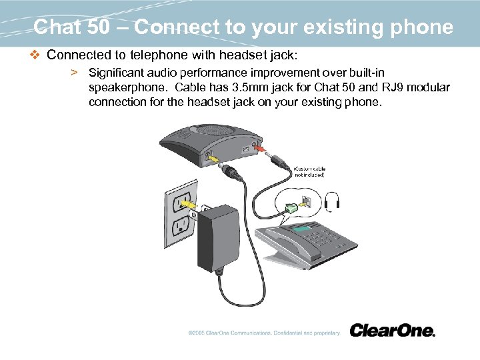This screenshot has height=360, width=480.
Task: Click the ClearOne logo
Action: pyautogui.click(x=392, y=330)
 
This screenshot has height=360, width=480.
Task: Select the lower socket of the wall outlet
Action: pyautogui.click(x=179, y=227)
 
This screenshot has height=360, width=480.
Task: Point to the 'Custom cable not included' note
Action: pyautogui.click(x=309, y=171)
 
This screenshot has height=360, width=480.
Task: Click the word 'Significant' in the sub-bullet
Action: pyautogui.click(x=116, y=71)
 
